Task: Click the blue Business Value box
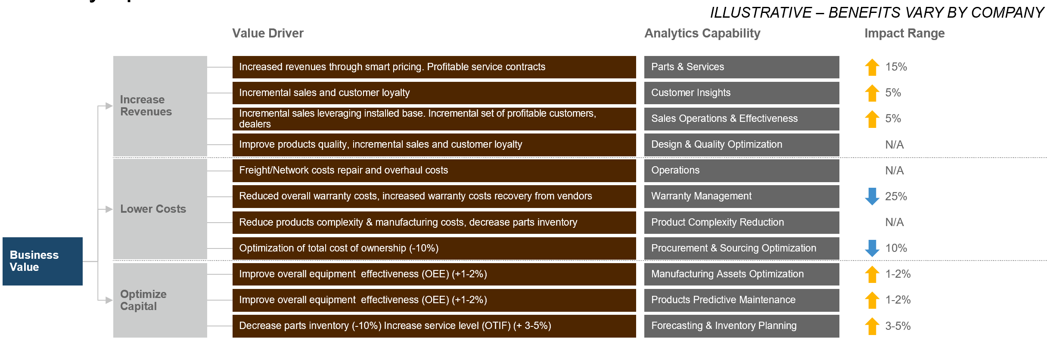click(42, 261)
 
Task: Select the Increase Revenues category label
click(146, 106)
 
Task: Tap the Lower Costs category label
click(153, 209)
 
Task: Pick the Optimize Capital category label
click(143, 300)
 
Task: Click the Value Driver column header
click(267, 33)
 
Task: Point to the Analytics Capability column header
click(702, 33)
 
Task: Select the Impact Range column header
click(904, 33)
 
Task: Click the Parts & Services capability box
click(741, 67)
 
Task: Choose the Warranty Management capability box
click(741, 196)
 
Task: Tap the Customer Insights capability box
click(741, 93)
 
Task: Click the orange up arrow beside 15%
click(872, 67)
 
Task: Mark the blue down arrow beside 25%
click(872, 196)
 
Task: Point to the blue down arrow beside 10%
click(872, 248)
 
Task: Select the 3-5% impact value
click(898, 326)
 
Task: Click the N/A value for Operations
click(894, 171)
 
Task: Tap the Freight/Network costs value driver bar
click(434, 171)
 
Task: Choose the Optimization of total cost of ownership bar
click(434, 248)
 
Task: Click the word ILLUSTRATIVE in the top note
click(761, 13)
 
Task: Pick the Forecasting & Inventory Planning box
click(741, 326)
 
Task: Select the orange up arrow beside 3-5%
click(872, 326)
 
